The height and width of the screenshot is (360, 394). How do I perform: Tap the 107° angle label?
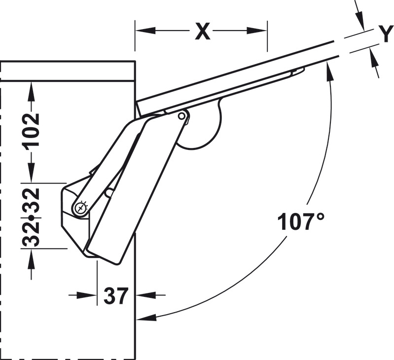pos(301,221)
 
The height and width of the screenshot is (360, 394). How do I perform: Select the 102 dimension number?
pos(32,130)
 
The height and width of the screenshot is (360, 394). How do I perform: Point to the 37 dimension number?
pos(116,296)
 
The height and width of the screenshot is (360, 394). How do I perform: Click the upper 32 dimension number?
pos(32,197)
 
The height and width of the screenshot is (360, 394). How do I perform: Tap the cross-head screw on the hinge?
pos(81,208)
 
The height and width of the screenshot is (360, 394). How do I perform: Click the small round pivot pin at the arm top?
pos(181,116)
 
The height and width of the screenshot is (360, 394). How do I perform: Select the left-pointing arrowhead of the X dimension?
pos(145,31)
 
